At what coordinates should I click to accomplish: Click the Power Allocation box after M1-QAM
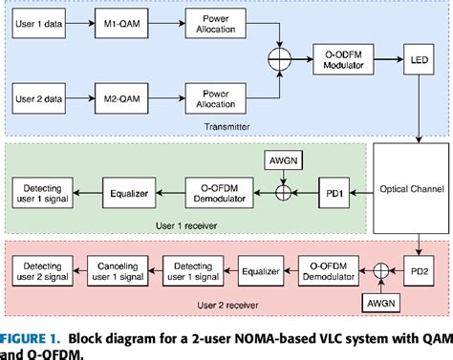211,20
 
